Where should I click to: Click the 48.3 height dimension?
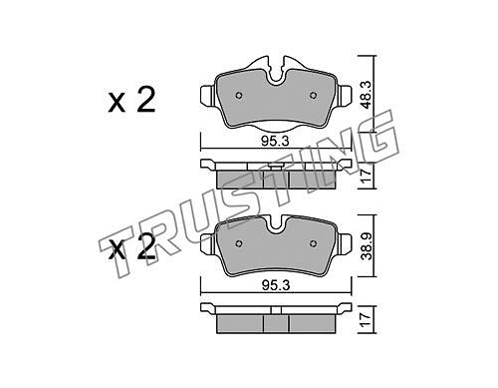(367, 95)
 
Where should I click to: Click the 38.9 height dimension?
(367, 246)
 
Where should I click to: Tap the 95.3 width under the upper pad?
(275, 142)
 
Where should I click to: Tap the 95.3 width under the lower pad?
(275, 285)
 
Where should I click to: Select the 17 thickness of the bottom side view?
(367, 320)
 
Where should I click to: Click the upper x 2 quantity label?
(131, 100)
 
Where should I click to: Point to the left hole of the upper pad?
(239, 96)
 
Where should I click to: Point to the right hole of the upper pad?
(313, 96)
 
